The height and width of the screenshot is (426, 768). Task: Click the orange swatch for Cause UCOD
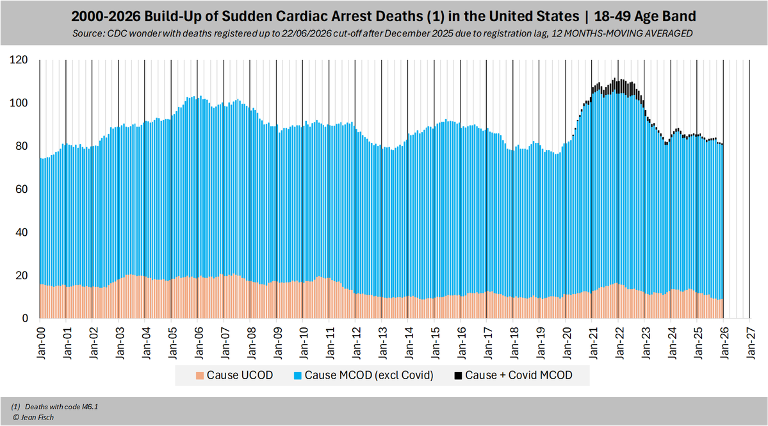(200, 375)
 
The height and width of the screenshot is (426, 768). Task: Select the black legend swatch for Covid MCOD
(457, 375)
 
